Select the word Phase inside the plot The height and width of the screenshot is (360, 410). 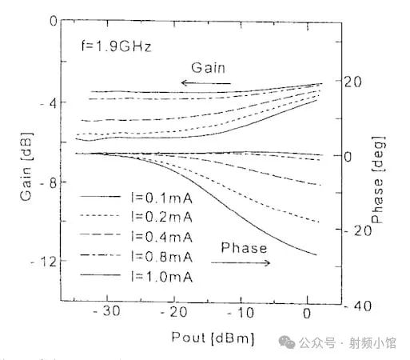click(x=242, y=248)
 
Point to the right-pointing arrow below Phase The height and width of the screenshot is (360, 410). click(x=242, y=262)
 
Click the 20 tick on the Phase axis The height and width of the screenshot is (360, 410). click(x=354, y=81)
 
